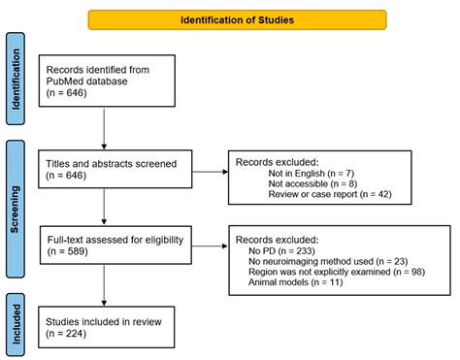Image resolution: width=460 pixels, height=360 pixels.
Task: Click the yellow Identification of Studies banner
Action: [237, 18]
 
